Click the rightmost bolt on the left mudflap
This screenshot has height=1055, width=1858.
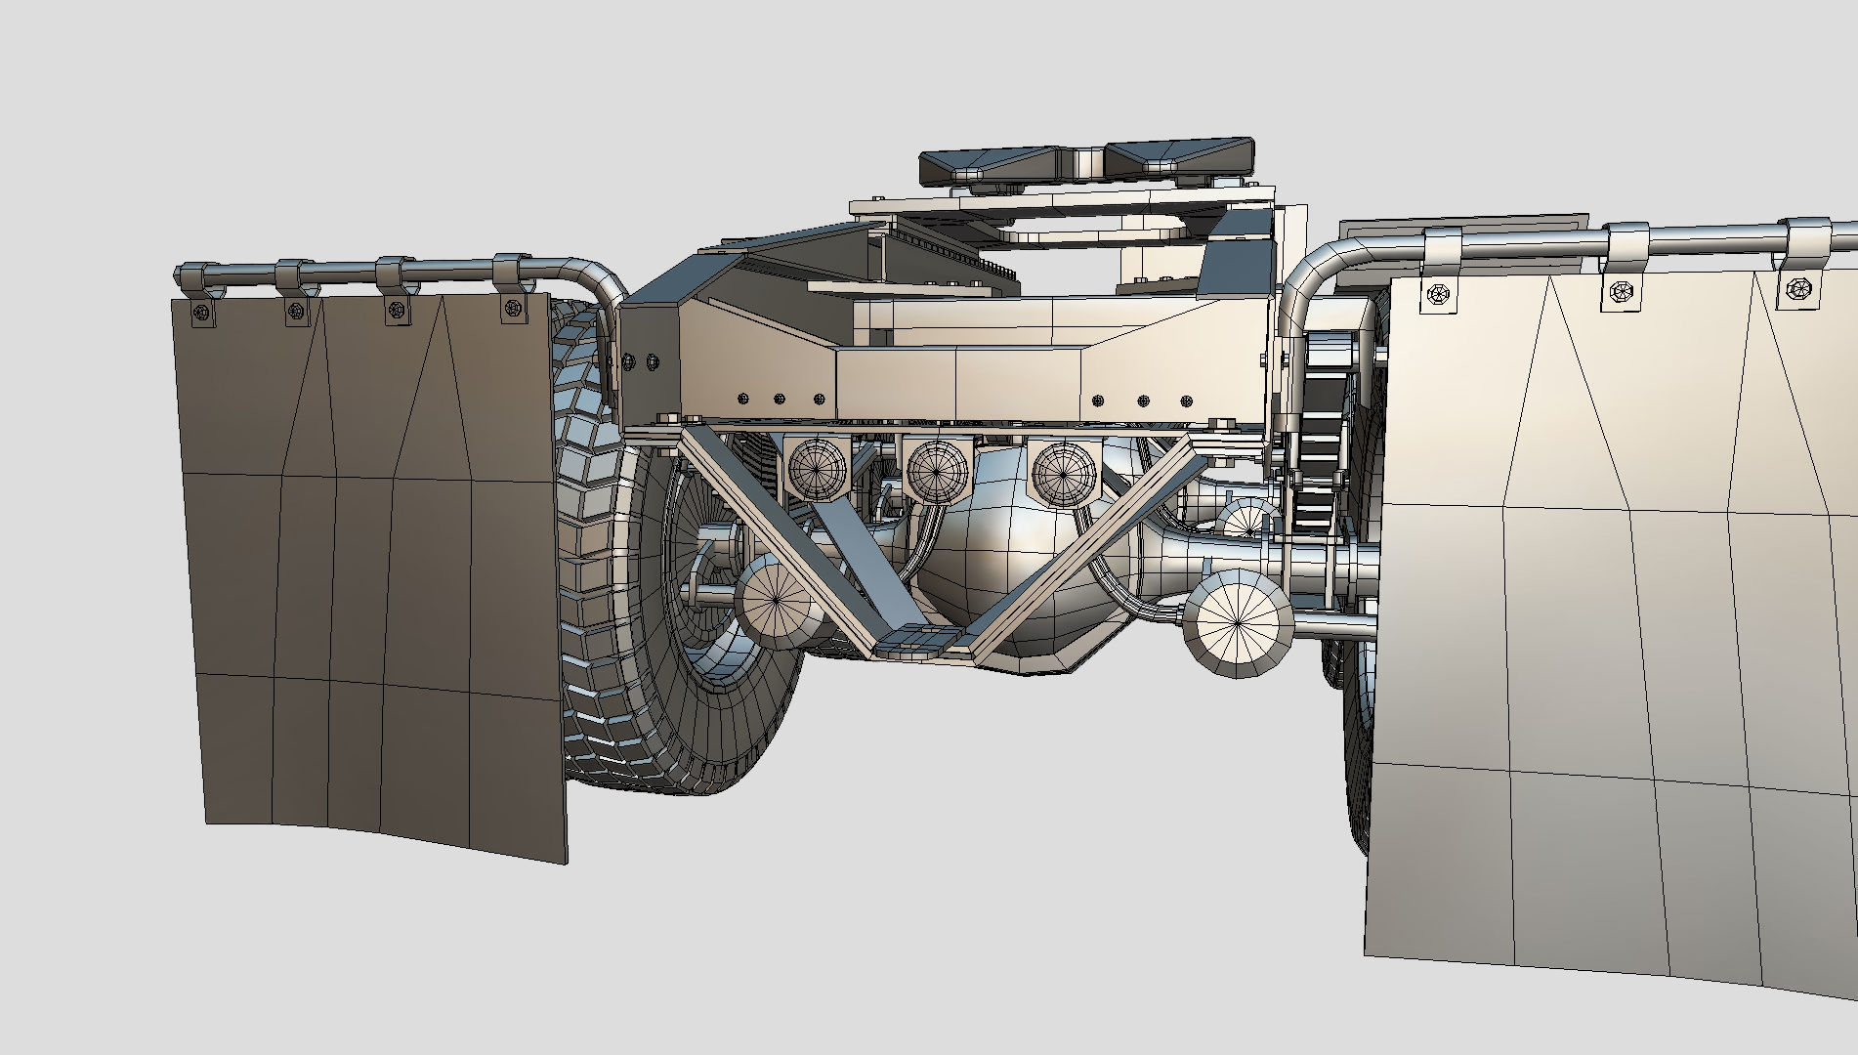[x=510, y=309]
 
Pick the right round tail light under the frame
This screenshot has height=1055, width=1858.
[x=1062, y=473]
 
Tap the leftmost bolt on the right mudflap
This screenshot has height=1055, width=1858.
[x=1437, y=293]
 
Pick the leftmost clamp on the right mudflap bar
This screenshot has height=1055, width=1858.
[x=1442, y=249]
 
